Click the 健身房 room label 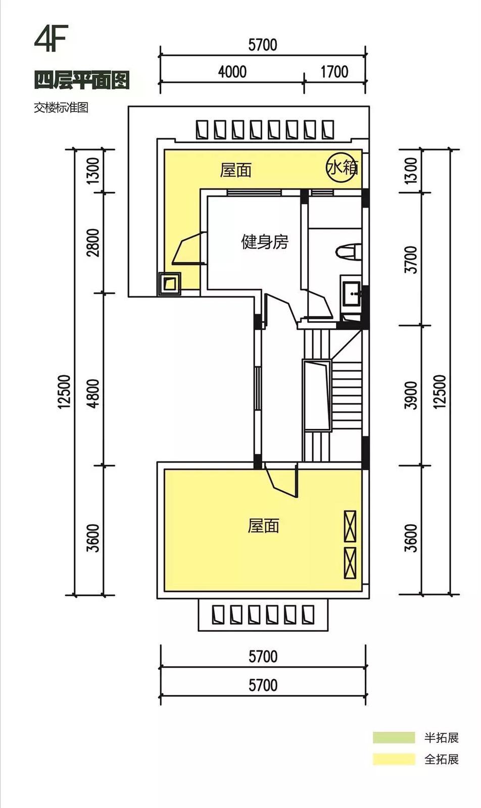[x=265, y=242]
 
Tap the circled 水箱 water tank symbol [x=342, y=167]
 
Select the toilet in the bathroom [x=349, y=252]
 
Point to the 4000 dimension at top [x=232, y=71]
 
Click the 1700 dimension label [x=334, y=71]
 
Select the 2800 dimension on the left [x=93, y=242]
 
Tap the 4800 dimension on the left [x=93, y=393]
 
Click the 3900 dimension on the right [x=411, y=395]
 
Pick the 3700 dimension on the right [x=411, y=260]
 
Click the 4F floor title [x=51, y=38]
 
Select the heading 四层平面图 [x=82, y=80]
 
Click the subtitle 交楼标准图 [x=61, y=108]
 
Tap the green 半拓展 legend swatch [x=394, y=737]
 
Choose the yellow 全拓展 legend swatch [x=394, y=760]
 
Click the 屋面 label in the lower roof [x=263, y=526]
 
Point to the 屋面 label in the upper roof [x=235, y=170]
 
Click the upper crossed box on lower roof [x=350, y=526]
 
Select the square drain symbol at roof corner [x=170, y=284]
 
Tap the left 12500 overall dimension [x=64, y=392]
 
